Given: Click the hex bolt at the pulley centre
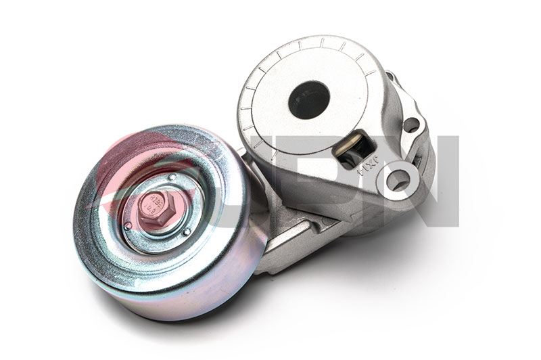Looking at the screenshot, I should pos(156,208).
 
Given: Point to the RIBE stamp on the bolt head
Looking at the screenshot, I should pos(156,200).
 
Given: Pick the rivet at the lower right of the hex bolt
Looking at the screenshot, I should pos(187,232).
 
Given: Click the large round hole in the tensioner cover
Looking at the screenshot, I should pos(308,99).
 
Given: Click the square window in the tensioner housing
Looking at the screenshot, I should pos(353,150).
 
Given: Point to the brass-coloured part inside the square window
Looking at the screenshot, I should pos(351,144).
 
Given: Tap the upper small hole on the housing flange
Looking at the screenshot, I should pos(410,125).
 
